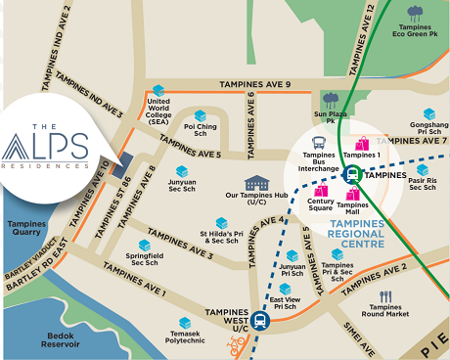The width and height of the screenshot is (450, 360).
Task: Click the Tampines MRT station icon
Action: (x=351, y=174)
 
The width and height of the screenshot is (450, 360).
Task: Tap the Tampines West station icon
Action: (x=260, y=319)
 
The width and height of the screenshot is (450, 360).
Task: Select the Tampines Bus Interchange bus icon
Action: (x=319, y=143)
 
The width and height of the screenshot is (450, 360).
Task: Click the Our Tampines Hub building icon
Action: (x=256, y=184)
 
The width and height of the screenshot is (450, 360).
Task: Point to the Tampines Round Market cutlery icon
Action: (x=385, y=296)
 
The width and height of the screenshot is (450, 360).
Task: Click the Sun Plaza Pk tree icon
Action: (x=331, y=99)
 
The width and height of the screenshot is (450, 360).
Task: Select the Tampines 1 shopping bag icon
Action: (x=362, y=145)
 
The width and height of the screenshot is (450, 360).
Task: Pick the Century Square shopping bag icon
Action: (x=320, y=189)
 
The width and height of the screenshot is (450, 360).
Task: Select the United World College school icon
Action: (x=157, y=91)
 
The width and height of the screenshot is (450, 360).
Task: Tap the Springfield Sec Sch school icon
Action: (x=145, y=245)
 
